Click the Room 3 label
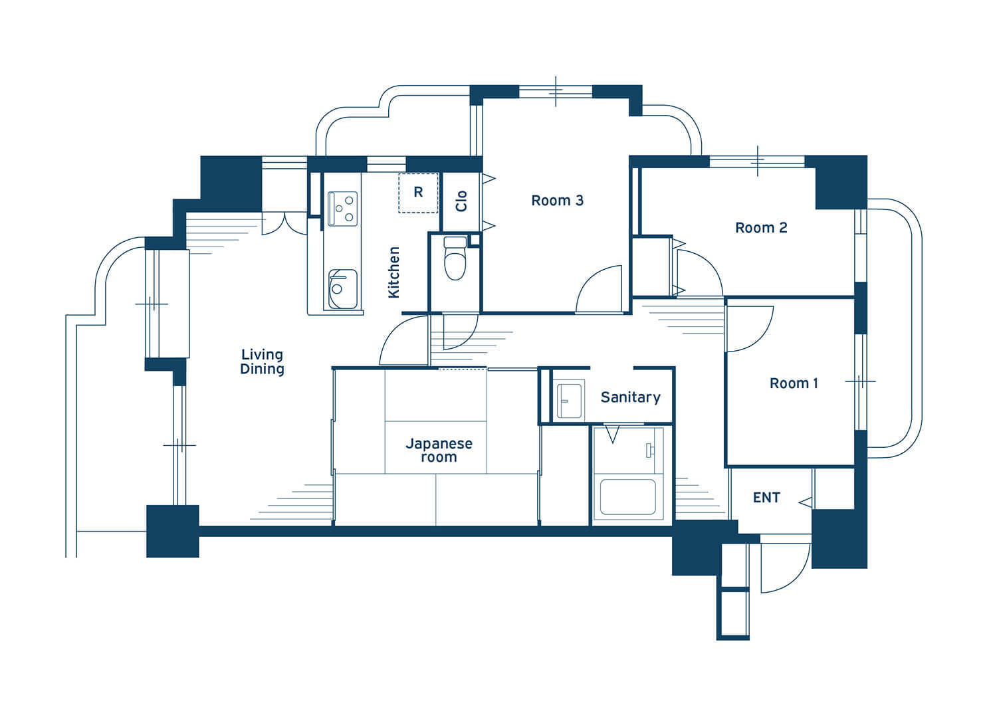[x=557, y=201]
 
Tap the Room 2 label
[x=761, y=228]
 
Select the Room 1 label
[x=794, y=383]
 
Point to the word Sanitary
[x=630, y=397]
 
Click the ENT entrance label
[x=766, y=498]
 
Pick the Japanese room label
[x=439, y=450]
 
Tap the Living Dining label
[x=262, y=361]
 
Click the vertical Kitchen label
[x=394, y=272]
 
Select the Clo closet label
[x=461, y=201]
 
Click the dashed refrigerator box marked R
[x=418, y=193]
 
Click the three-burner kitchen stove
[x=342, y=209]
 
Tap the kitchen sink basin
[x=342, y=289]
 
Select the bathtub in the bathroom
[x=627, y=497]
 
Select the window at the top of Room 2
[x=757, y=161]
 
